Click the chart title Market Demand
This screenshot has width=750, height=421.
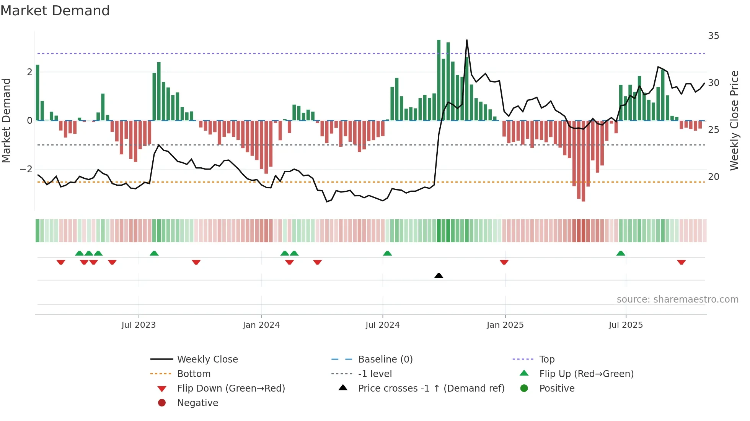click(55, 11)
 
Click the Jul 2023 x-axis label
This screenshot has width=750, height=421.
click(139, 325)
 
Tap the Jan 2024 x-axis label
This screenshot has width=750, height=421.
click(261, 325)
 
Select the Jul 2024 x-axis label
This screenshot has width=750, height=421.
click(382, 325)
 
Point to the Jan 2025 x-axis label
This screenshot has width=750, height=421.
click(505, 325)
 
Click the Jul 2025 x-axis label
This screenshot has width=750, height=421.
click(626, 325)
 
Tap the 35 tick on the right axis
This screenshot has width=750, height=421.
click(713, 36)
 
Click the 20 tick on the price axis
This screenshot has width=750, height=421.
click(713, 177)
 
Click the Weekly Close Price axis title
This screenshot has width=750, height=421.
click(734, 120)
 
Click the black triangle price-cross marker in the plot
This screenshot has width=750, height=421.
click(439, 275)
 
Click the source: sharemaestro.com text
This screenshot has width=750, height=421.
click(677, 300)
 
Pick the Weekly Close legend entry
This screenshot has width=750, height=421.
click(207, 359)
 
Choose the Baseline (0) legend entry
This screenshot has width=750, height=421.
click(385, 359)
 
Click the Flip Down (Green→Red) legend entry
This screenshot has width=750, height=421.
click(231, 389)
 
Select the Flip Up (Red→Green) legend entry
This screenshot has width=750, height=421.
click(586, 374)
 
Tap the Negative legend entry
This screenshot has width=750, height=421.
click(197, 403)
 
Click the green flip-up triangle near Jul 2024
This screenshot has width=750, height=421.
click(387, 253)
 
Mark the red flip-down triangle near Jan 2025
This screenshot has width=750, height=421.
click(504, 262)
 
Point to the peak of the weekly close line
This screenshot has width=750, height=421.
click(467, 40)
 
